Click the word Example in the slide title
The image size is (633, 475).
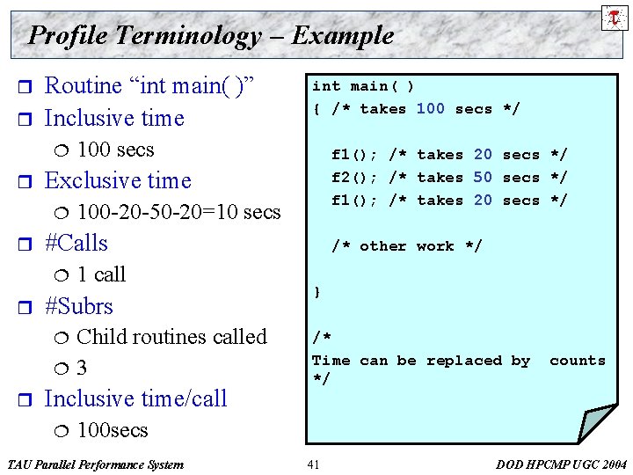tap(343, 35)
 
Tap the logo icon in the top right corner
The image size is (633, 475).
tap(613, 17)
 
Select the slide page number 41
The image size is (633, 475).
tap(314, 464)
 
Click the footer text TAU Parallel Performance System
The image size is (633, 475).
tap(95, 464)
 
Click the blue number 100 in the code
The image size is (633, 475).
tap(430, 109)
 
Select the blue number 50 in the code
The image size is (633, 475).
tap(483, 178)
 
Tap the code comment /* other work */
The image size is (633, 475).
tap(406, 246)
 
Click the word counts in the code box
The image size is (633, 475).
tap(578, 361)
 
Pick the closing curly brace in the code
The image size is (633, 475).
tap(316, 292)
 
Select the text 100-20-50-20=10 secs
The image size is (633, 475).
tap(178, 212)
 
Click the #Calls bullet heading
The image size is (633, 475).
tap(76, 243)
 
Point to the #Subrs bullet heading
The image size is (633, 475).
tap(79, 306)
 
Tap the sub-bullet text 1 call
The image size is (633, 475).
tap(102, 274)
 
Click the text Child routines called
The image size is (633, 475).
tap(171, 337)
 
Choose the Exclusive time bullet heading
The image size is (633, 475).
tap(117, 180)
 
